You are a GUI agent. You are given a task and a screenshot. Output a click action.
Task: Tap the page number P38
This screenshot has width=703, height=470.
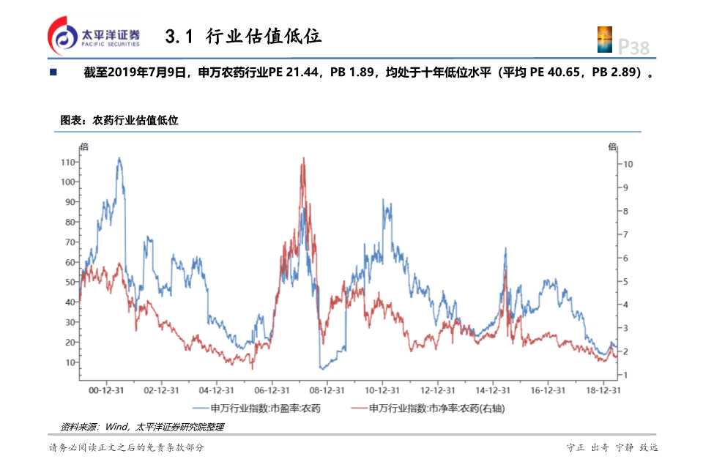pyautogui.click(x=633, y=47)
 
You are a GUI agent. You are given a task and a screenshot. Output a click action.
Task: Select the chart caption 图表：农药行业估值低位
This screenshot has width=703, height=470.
pyautogui.click(x=119, y=120)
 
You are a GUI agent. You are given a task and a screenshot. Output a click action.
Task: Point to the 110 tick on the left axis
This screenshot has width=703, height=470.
pyautogui.click(x=68, y=162)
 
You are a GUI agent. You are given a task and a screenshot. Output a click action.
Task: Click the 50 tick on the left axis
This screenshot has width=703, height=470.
pyautogui.click(x=70, y=282)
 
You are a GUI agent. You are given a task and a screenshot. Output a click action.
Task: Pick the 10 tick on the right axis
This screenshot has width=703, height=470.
pyautogui.click(x=628, y=164)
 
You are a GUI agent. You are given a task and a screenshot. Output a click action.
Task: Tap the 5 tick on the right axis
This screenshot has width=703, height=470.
pyautogui.click(x=625, y=281)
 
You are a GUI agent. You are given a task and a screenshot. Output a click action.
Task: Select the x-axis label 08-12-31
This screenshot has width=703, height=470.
pyautogui.click(x=327, y=390)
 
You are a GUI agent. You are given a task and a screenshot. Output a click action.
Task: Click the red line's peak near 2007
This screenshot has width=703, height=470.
pyautogui.click(x=302, y=159)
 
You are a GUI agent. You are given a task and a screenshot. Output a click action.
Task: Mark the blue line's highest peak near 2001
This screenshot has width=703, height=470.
pyautogui.click(x=119, y=158)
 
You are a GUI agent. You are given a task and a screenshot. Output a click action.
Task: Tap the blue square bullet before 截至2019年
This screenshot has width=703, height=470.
pyautogui.click(x=53, y=73)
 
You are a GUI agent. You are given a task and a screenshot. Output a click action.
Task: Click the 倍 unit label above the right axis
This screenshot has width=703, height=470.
pyautogui.click(x=612, y=146)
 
